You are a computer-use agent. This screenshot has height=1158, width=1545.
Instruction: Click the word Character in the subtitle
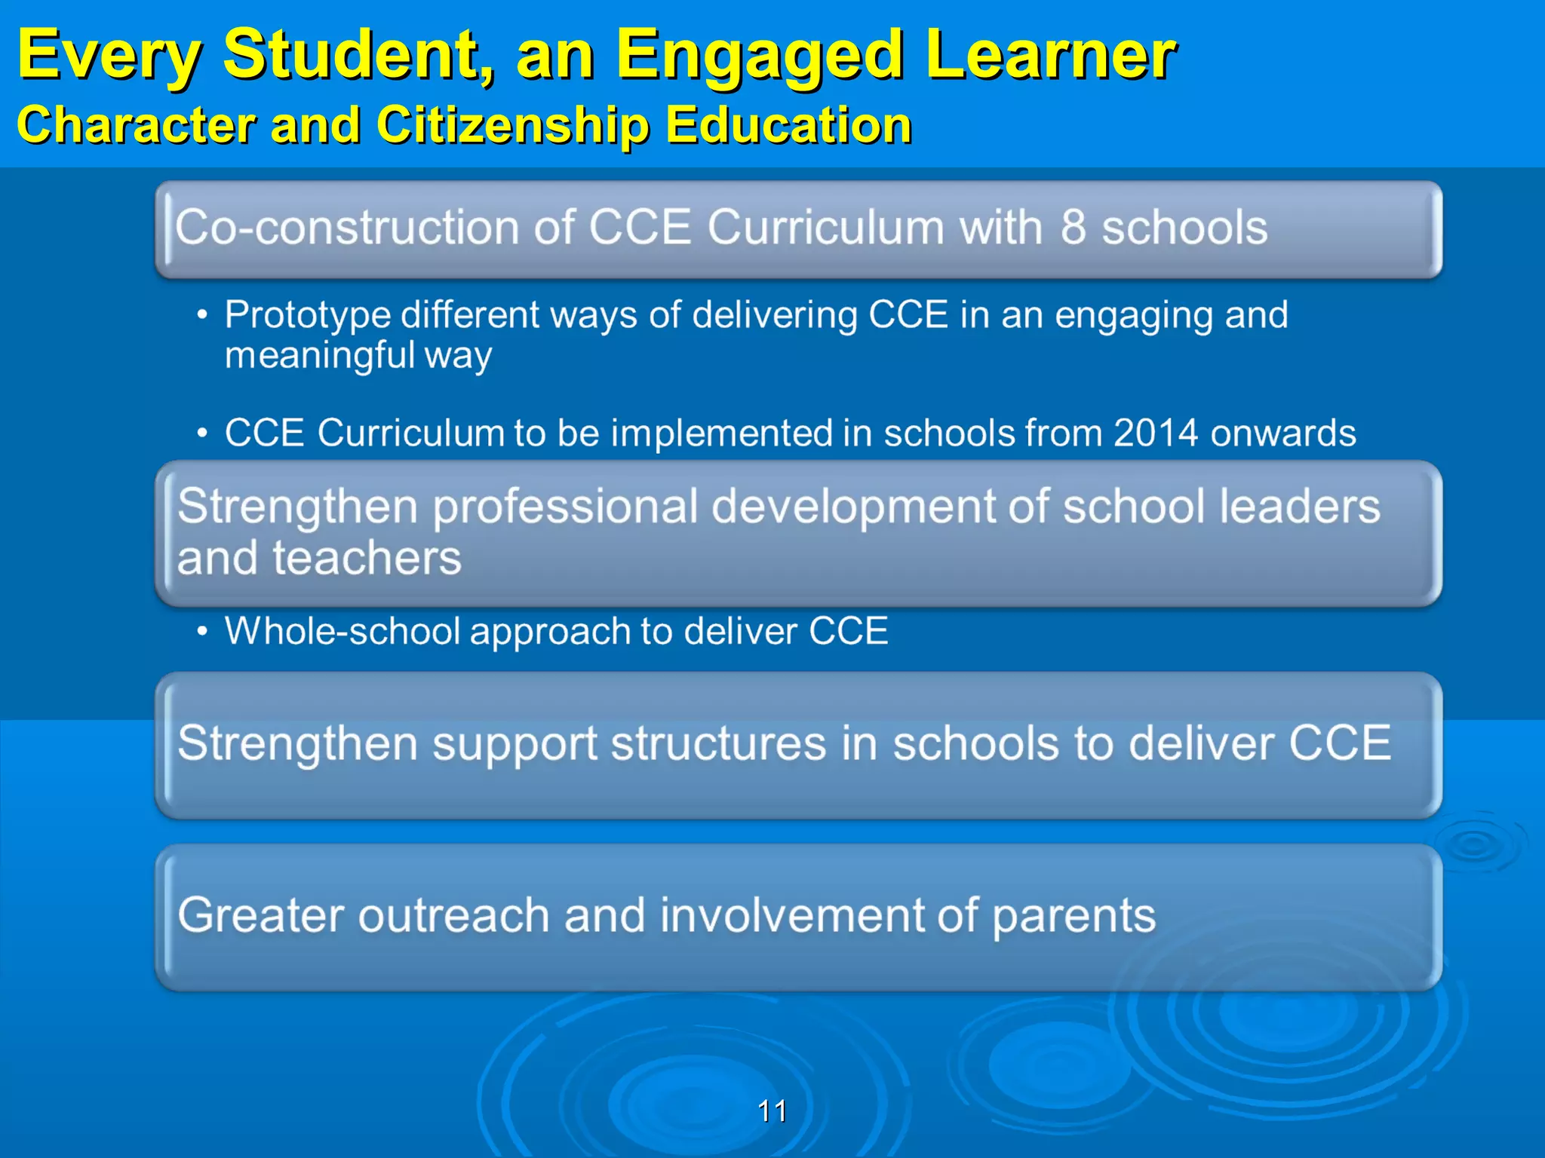(x=136, y=124)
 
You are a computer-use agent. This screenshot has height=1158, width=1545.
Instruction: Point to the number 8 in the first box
(x=1074, y=227)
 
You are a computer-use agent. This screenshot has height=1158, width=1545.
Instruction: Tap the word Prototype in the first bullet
(x=307, y=315)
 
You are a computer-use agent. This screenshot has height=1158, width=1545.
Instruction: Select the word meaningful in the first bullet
(x=320, y=355)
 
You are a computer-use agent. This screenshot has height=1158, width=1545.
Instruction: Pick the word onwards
(x=1283, y=433)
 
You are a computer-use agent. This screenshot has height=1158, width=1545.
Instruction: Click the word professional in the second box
(x=566, y=507)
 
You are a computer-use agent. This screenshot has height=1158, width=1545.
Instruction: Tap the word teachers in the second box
(x=367, y=559)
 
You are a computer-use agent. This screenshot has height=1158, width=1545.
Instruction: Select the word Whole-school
(x=342, y=631)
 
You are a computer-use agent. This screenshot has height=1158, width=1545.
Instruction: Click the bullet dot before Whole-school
(x=201, y=631)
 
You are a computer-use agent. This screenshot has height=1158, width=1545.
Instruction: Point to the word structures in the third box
(x=719, y=744)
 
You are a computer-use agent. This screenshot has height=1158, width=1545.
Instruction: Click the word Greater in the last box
(x=260, y=915)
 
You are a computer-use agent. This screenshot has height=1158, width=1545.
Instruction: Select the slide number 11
(x=772, y=1111)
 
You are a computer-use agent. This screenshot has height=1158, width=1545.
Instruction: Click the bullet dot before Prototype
(x=201, y=316)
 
